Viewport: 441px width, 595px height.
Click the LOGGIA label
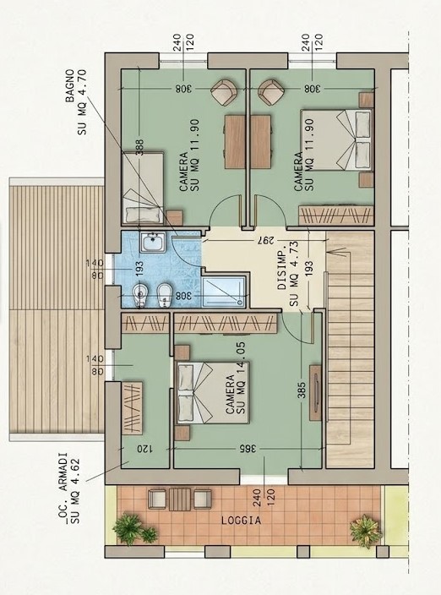click(241, 521)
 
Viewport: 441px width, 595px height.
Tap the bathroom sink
click(152, 242)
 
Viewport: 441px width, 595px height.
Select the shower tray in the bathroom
click(224, 292)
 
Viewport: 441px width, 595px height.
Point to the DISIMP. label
click(282, 270)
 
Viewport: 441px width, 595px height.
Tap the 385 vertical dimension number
click(302, 390)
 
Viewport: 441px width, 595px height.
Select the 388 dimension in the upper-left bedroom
click(139, 147)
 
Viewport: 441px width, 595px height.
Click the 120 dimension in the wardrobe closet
click(144, 449)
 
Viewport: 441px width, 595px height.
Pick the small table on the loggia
click(180, 499)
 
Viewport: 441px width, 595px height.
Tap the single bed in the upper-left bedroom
click(143, 188)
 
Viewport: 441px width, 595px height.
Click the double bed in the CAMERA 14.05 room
click(213, 393)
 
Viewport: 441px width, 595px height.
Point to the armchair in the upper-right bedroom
click(271, 92)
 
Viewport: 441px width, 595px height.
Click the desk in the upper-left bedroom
click(235, 141)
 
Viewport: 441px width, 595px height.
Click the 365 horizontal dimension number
click(248, 449)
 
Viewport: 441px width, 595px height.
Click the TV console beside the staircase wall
click(315, 393)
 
